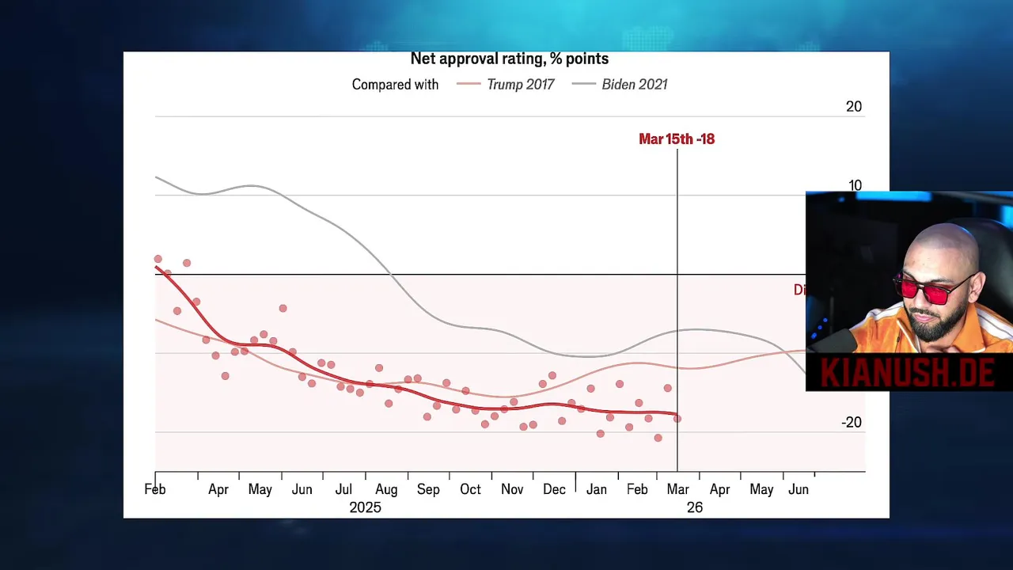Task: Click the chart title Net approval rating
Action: pos(509,59)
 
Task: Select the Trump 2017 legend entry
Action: pos(520,84)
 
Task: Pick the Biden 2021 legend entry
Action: pos(634,84)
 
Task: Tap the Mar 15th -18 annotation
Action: pos(676,139)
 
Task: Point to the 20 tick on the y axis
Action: pos(853,106)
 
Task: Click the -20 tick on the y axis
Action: pos(851,422)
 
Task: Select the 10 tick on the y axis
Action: pos(855,185)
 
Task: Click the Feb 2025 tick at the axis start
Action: pos(155,489)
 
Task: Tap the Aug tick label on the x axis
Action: pos(386,489)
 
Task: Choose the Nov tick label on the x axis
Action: pos(512,489)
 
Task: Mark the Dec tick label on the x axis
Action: pos(554,489)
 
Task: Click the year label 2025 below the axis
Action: pos(365,507)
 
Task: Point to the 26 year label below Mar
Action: pos(694,507)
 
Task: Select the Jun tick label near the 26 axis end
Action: pos(798,489)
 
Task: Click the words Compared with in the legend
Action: pos(395,84)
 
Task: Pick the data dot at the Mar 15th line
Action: pos(677,419)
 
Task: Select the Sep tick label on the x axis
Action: pos(428,489)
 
